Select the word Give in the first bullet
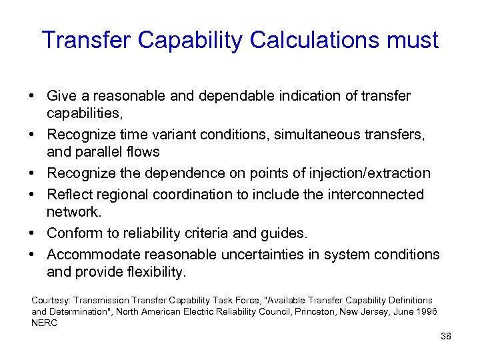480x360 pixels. tap(62, 95)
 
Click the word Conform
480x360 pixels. tap(74, 233)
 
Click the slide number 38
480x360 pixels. tap(446, 336)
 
